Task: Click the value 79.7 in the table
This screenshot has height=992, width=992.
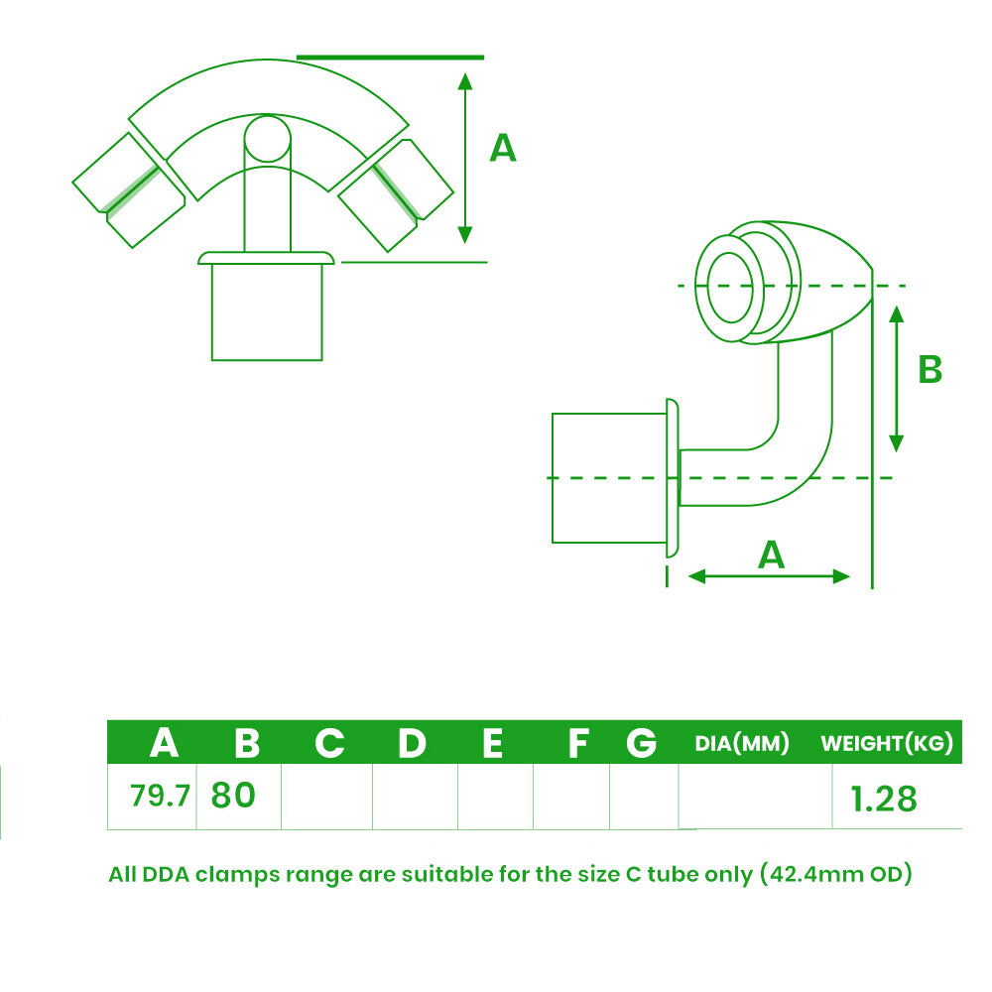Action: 160,796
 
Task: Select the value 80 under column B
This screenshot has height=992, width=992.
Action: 233,795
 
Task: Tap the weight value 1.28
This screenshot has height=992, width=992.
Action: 883,799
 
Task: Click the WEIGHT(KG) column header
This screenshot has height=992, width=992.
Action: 887,743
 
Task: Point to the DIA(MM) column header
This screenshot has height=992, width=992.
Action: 742,743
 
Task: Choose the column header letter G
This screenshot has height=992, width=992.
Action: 642,743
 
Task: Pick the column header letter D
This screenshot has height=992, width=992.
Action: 412,743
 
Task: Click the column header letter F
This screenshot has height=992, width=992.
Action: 578,743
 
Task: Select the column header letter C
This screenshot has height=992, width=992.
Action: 329,743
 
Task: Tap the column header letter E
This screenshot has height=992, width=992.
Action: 492,743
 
